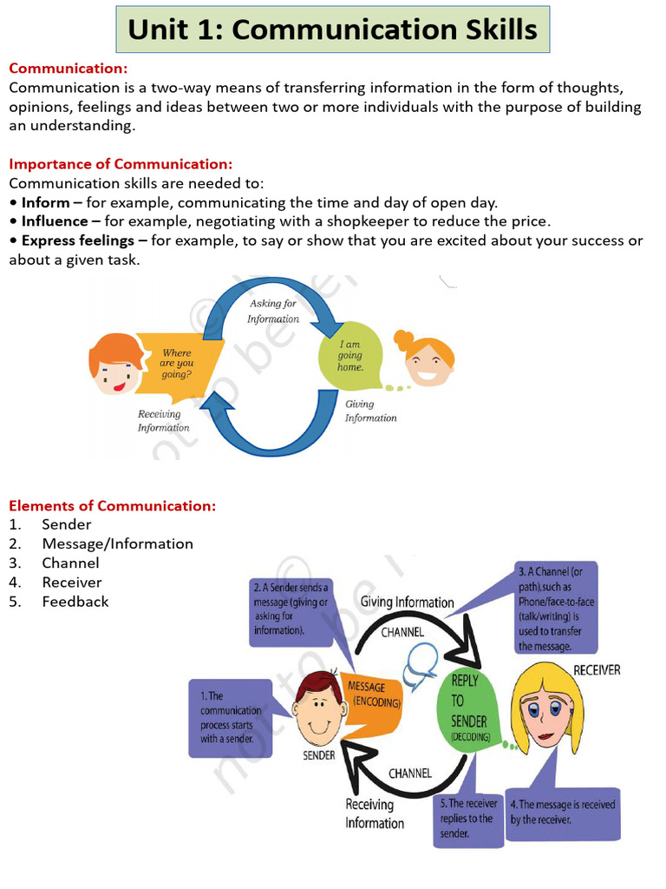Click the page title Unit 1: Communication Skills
click(x=333, y=30)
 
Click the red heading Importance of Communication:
click(x=121, y=164)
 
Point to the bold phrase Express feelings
click(x=78, y=240)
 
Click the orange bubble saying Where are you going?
click(x=179, y=363)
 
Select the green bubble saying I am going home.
click(x=349, y=355)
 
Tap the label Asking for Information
click(x=272, y=311)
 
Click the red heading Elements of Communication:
click(x=113, y=506)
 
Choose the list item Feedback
click(x=75, y=602)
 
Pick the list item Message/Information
click(x=117, y=544)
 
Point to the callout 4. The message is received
click(x=563, y=812)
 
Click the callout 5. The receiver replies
click(x=468, y=819)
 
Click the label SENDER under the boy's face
click(x=318, y=755)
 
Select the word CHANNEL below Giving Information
click(x=403, y=632)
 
